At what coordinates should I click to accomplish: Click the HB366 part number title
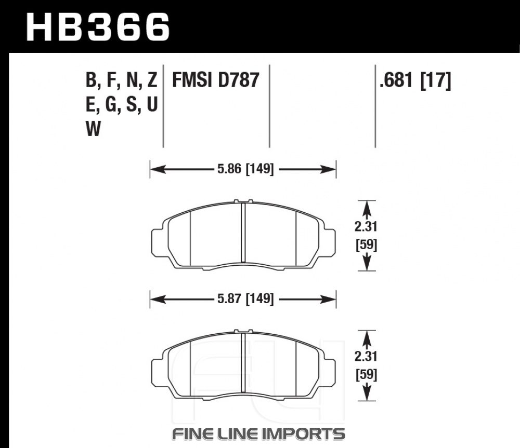point(98,28)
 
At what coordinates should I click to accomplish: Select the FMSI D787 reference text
point(215,80)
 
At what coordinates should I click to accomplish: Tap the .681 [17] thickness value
point(415,80)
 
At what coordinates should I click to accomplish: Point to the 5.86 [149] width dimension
point(245,169)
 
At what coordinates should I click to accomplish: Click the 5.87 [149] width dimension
point(245,299)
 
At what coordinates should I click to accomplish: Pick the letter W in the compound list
point(93,129)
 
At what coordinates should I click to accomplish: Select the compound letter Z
point(152,80)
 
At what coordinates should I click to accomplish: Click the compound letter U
point(152,104)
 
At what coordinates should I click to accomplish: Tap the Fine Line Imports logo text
point(258,434)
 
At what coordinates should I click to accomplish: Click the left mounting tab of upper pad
point(157,242)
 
